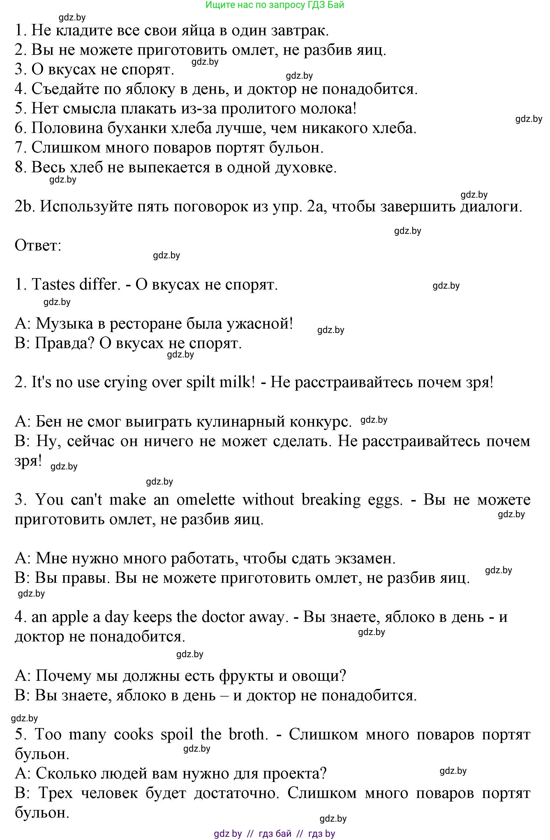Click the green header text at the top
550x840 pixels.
click(275, 5)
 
